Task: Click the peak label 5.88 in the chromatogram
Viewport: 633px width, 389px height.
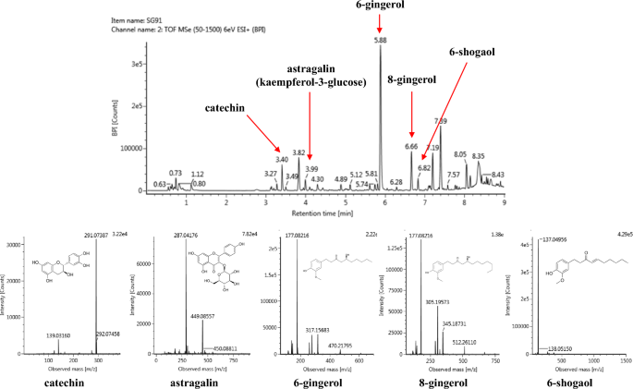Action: [380, 41]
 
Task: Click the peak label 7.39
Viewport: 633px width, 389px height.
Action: [441, 121]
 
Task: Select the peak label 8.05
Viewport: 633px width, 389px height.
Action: [460, 154]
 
